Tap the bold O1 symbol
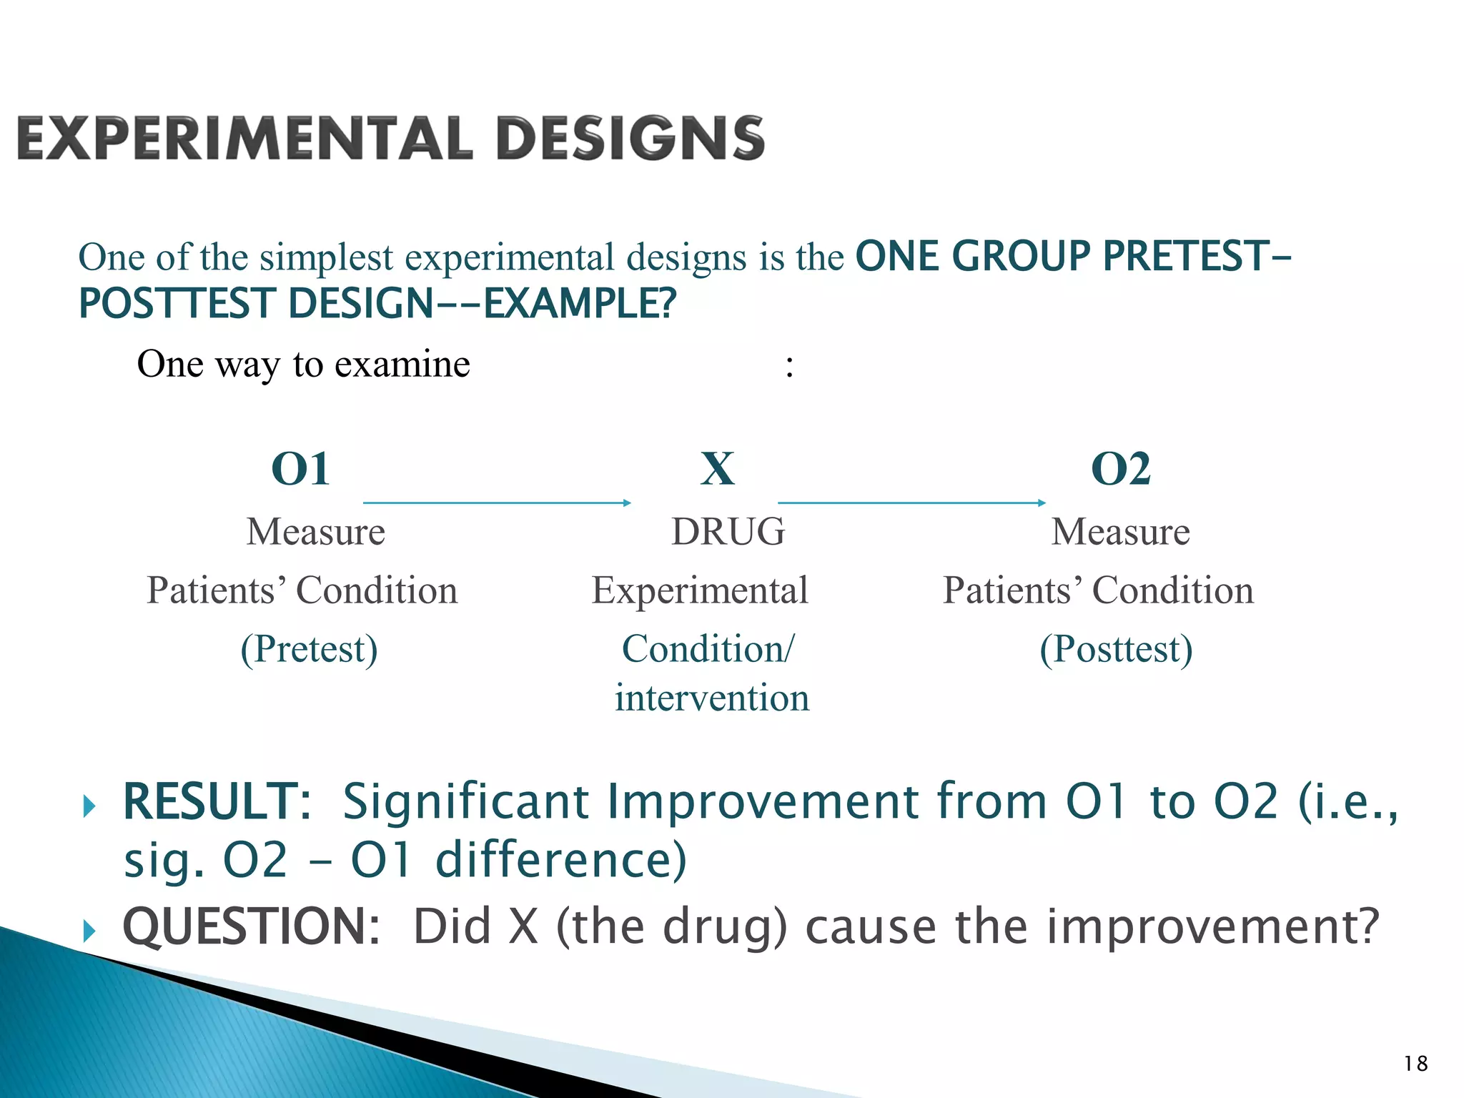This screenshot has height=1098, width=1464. click(x=301, y=470)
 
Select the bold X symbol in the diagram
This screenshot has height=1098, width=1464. click(x=717, y=470)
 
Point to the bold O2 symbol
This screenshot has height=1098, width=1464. click(x=1120, y=470)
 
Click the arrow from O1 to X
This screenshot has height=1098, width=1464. click(x=497, y=503)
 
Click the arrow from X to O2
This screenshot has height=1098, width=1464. click(x=911, y=503)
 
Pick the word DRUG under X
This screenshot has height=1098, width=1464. click(x=728, y=532)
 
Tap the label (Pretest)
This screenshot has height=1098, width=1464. click(x=309, y=649)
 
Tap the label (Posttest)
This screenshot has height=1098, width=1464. click(x=1116, y=649)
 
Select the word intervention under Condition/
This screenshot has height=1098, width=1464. click(x=712, y=698)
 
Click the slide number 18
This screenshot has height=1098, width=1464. click(x=1415, y=1064)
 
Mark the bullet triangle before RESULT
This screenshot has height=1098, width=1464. click(x=89, y=806)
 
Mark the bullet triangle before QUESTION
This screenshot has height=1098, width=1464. click(x=89, y=931)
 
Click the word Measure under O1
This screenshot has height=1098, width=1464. click(x=315, y=532)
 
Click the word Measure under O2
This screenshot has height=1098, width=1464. click(x=1120, y=532)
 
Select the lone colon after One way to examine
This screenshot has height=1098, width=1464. click(x=789, y=367)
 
